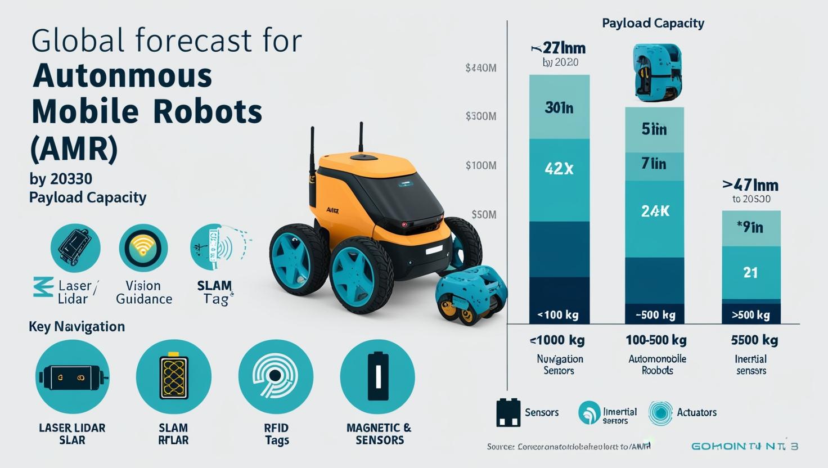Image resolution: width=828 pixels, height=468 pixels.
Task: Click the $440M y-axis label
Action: [x=480, y=69]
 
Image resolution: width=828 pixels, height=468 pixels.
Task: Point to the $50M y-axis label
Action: [x=483, y=215]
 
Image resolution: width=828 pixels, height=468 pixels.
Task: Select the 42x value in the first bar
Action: [x=559, y=168]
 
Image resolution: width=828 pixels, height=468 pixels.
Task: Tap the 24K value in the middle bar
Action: [x=655, y=211]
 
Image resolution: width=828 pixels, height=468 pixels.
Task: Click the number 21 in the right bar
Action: [x=750, y=273]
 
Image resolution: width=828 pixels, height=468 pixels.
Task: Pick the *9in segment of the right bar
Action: [x=750, y=228]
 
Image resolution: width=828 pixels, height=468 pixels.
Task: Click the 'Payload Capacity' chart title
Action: [x=652, y=23]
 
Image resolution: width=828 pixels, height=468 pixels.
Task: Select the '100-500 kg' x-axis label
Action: [x=656, y=340]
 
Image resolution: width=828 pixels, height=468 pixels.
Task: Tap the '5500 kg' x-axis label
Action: [x=754, y=340]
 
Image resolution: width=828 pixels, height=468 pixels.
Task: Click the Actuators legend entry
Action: [x=696, y=412]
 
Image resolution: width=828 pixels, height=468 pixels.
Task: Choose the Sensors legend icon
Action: [x=508, y=412]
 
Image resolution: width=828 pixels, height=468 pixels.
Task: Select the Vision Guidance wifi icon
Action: [x=143, y=248]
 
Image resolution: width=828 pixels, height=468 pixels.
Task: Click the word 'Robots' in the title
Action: [x=208, y=112]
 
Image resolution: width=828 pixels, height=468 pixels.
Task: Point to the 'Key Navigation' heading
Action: [x=76, y=327]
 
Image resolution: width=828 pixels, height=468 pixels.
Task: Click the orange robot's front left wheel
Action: [x=360, y=275]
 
